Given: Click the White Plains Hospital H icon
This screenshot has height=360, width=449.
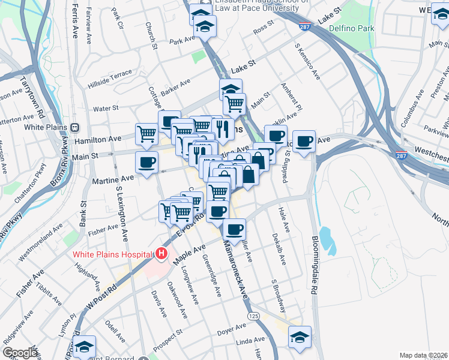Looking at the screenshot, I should click(x=161, y=254).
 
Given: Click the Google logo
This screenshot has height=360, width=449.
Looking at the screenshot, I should click(x=20, y=353).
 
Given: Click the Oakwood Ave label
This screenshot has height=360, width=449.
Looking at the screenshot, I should click(x=177, y=300).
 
